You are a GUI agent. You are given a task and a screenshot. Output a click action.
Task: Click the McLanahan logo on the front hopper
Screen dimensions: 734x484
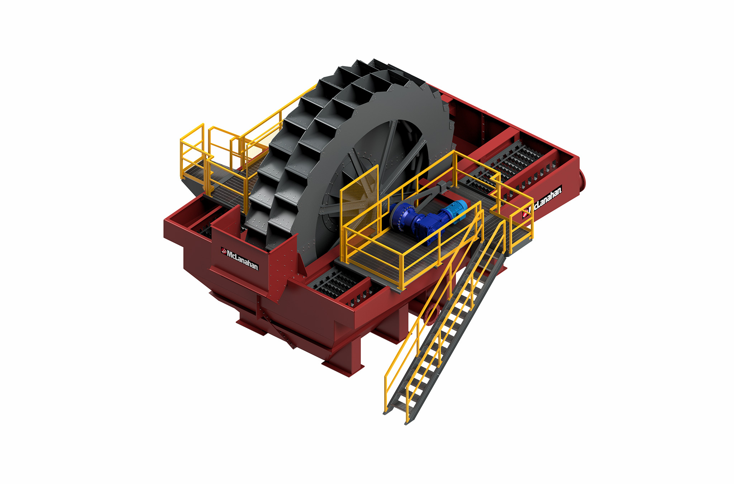tap(239, 258)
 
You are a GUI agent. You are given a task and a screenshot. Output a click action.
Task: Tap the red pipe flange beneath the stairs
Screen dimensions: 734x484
tap(430, 314)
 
